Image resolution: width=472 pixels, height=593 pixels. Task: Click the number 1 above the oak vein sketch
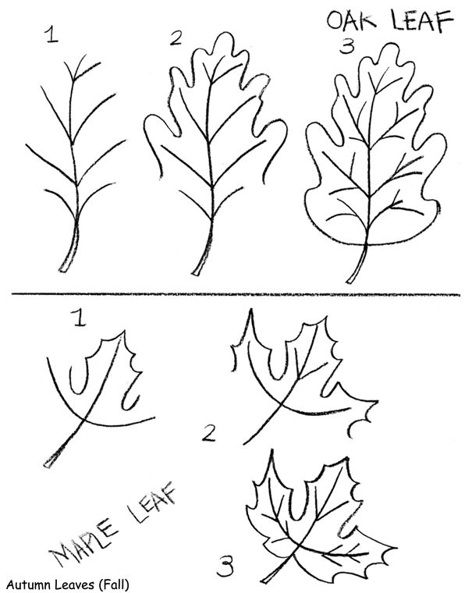click(x=51, y=34)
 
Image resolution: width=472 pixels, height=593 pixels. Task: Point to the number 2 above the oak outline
click(x=176, y=38)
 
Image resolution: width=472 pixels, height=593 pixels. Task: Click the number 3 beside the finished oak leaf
click(x=346, y=47)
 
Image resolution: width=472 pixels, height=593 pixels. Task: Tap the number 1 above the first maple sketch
click(x=80, y=318)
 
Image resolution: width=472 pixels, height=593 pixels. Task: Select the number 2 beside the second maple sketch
click(x=208, y=433)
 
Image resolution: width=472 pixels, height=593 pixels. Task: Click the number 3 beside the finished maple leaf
click(x=225, y=566)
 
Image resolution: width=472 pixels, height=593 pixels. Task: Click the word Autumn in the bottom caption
click(x=30, y=584)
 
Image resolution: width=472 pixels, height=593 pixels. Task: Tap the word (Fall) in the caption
click(x=113, y=584)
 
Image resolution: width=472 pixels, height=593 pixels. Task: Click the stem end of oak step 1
click(x=63, y=270)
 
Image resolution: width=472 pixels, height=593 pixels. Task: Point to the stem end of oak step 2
click(x=197, y=272)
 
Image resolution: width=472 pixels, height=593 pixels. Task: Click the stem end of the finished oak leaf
click(x=350, y=281)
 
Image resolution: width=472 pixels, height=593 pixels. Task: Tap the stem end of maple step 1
click(x=47, y=465)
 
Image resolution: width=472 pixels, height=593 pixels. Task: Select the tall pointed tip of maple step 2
click(x=250, y=310)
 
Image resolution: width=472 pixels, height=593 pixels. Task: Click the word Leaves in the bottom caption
click(x=76, y=584)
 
